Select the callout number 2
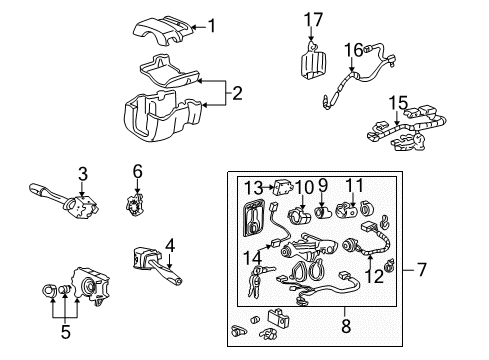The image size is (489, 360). tap(237, 94)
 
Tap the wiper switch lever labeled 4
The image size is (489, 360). tap(151, 262)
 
